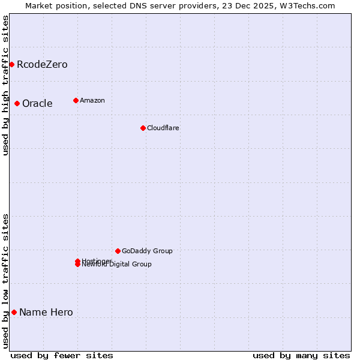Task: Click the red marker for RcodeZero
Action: (11, 64)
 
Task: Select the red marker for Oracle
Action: (17, 103)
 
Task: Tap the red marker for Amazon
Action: (76, 100)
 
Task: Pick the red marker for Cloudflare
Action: (143, 128)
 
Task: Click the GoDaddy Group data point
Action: (118, 251)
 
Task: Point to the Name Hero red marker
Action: (14, 312)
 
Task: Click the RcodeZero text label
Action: (42, 64)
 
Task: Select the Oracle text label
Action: (37, 103)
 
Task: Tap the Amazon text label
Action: (92, 100)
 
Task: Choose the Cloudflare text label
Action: (163, 128)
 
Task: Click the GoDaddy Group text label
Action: (147, 251)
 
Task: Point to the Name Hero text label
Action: (46, 312)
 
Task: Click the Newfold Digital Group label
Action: (117, 265)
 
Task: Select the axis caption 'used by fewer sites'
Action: (62, 355)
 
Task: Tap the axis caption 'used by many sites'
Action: (301, 355)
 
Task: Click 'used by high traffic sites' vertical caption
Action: (5, 85)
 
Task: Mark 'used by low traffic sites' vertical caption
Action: (5, 281)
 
